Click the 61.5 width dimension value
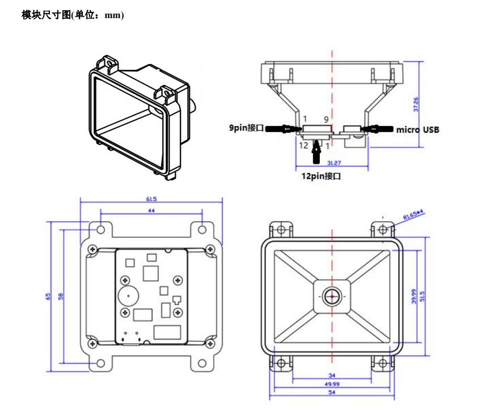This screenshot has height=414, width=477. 151,200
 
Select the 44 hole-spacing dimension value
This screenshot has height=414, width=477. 151,210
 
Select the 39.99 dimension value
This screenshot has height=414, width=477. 414,296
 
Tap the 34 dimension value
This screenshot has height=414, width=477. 332,375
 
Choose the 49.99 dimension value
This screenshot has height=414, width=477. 332,384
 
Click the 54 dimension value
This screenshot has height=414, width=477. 332,392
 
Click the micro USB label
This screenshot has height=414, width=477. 417,130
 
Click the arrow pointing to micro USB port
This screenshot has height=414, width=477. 378,129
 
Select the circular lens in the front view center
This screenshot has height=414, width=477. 331,295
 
